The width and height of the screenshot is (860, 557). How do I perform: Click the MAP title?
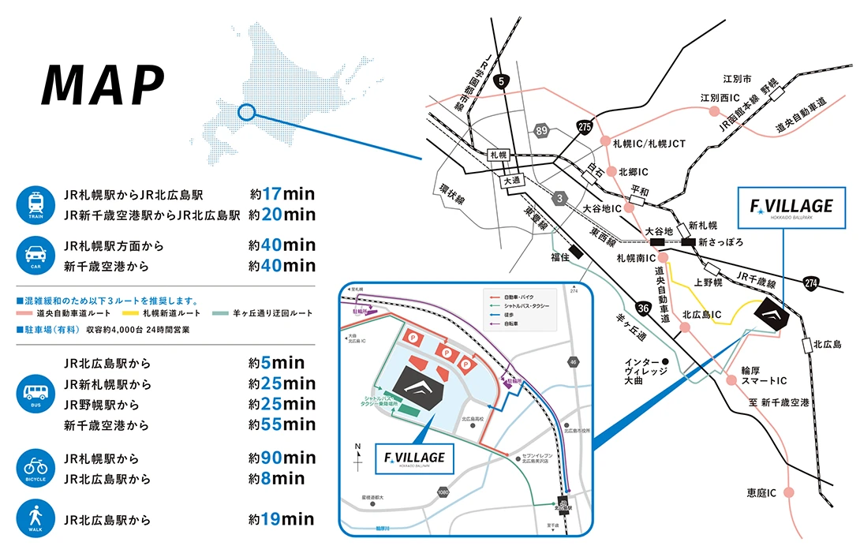point(103,84)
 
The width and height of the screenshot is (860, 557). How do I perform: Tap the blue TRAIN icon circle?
point(35,204)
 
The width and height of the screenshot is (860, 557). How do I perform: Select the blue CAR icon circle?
point(35,256)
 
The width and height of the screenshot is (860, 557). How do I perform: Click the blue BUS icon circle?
point(35,394)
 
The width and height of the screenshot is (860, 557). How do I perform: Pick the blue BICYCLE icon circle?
point(35,468)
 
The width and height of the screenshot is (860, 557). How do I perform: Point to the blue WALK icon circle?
point(35,521)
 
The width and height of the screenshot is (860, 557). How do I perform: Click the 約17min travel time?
point(282,193)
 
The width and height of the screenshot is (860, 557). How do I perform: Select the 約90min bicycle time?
point(282,458)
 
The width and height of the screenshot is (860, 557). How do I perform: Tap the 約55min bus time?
point(282,425)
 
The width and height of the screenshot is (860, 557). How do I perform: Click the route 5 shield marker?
point(503,80)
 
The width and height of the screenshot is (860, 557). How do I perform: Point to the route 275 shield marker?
point(584,126)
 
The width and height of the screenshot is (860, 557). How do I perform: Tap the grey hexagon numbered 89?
point(540,130)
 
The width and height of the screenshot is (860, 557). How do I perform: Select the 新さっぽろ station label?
point(721,242)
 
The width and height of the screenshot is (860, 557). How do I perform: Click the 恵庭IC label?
point(761,493)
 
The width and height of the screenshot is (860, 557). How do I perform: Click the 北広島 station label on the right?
point(827,345)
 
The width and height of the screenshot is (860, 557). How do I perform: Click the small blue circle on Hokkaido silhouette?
point(246,114)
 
